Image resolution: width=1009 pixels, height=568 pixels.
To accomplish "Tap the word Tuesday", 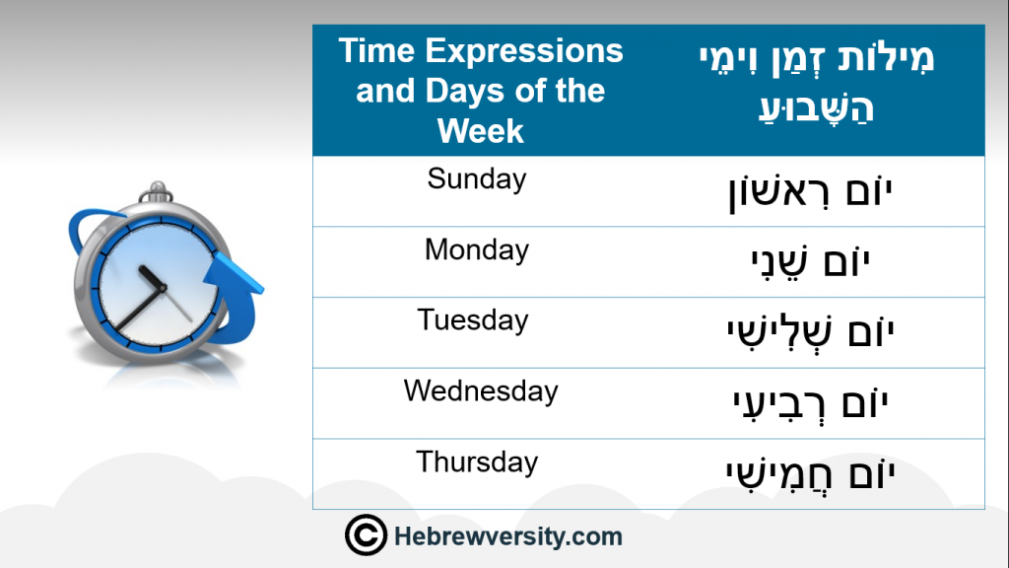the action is [x=473, y=320].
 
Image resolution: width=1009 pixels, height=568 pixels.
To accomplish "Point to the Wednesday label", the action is [x=481, y=390].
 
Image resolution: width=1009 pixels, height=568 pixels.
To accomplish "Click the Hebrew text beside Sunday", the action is [x=810, y=192].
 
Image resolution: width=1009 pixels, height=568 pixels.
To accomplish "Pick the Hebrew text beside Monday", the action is [x=810, y=263].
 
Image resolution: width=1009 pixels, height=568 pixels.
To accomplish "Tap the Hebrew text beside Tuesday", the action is [x=810, y=332].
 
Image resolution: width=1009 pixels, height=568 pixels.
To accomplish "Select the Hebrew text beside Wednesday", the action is [x=810, y=403].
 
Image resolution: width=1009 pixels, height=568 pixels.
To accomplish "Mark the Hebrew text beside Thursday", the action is [x=810, y=474].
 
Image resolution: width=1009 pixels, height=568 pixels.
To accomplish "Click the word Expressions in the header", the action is [x=524, y=51].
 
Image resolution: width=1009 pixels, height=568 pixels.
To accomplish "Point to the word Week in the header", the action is [x=481, y=131].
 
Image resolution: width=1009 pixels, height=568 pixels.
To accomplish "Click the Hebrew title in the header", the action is [x=816, y=83].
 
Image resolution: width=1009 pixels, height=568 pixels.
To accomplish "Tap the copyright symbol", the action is [x=366, y=534].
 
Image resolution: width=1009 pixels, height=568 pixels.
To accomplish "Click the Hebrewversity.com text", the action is [x=508, y=536].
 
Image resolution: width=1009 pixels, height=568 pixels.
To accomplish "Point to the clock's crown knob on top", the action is [x=156, y=192].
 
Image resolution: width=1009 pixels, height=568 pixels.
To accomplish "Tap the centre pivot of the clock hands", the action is [x=163, y=288].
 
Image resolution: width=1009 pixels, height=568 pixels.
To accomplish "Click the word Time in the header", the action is [x=377, y=51].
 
